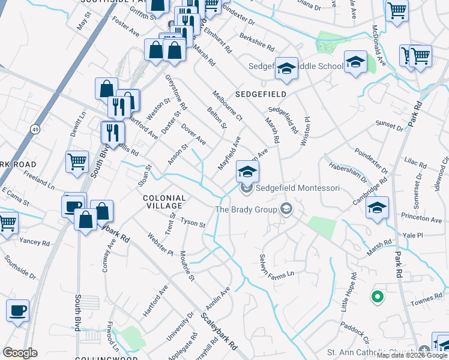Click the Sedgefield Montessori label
pos(298,188)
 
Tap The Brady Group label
pos(246,209)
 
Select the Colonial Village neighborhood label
pos(164,202)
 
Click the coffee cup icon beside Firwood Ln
pos(17,310)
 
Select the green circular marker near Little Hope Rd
pos(377,296)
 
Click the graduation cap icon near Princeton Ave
pos(376,208)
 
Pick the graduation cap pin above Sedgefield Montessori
pos(247,171)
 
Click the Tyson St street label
pos(194,223)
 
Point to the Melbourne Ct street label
pos(228,104)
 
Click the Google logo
pos(19,353)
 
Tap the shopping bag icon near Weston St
pos(106,89)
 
